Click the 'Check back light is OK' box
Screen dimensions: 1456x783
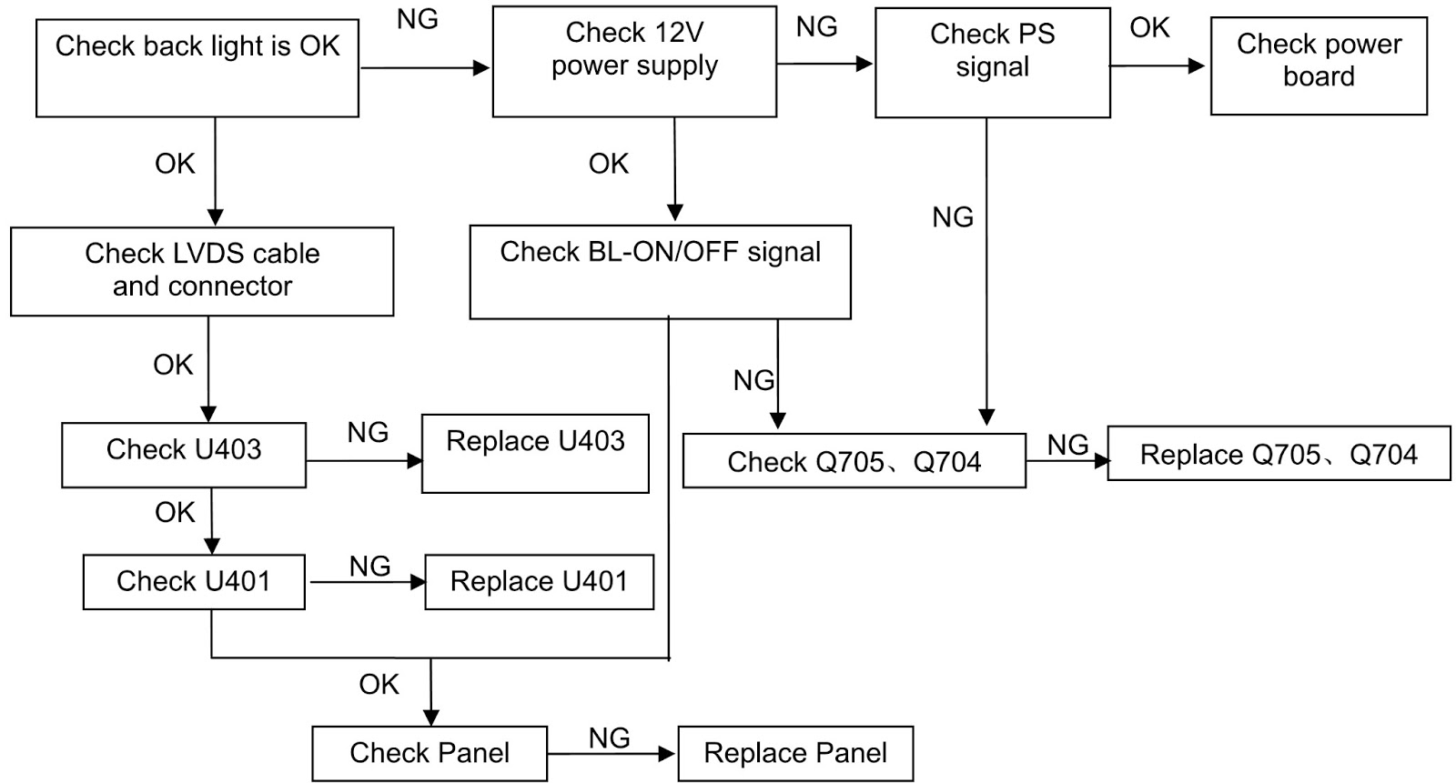(197, 68)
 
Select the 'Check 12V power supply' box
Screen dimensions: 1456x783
(634, 62)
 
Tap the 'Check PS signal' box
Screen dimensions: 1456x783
(993, 63)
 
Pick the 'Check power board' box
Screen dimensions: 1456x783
(1319, 66)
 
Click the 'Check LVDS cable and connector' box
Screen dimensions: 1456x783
(202, 272)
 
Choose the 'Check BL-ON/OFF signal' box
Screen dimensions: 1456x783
(661, 272)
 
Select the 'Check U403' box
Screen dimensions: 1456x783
(184, 455)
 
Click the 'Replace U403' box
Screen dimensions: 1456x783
(535, 454)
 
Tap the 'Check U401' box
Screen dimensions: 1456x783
(194, 582)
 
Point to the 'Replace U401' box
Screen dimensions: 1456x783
(540, 582)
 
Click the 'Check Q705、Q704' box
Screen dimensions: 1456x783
(854, 461)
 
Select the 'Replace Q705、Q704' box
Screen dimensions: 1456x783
(1279, 454)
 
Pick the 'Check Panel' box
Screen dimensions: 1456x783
(430, 754)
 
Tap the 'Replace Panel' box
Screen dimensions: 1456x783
(795, 754)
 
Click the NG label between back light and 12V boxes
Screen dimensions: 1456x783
(418, 19)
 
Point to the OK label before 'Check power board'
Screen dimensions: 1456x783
(1150, 28)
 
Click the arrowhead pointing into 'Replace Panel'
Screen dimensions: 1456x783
(667, 754)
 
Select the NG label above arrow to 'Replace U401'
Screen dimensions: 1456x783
(369, 567)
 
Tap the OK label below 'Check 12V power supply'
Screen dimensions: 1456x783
(609, 164)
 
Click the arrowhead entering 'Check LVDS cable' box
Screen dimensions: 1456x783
(215, 217)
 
